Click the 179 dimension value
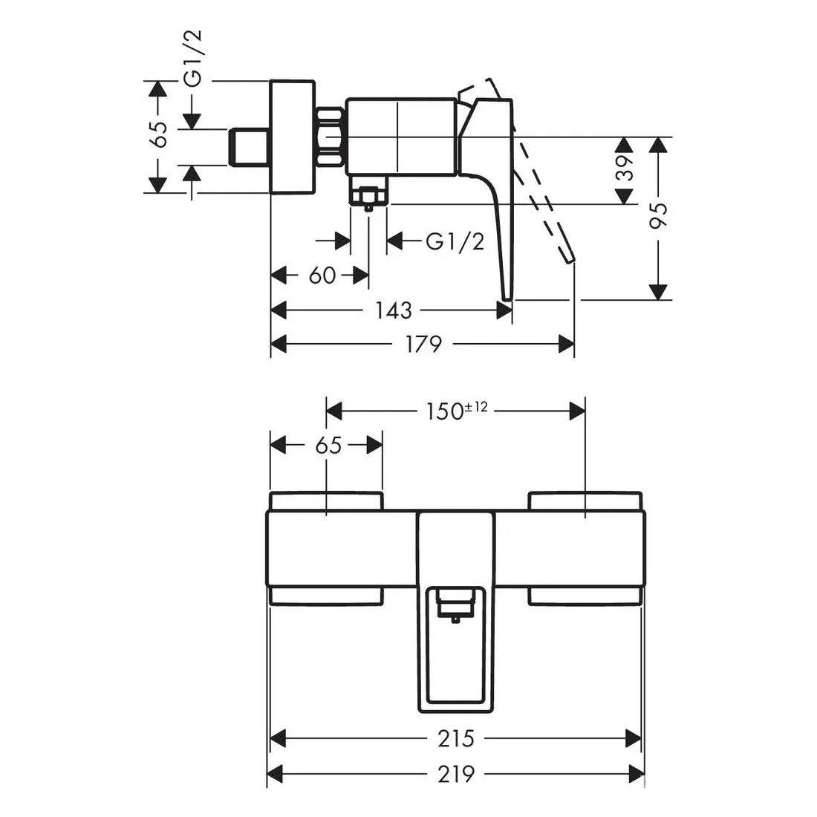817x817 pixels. [x=423, y=344]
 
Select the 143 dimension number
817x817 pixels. [x=394, y=310]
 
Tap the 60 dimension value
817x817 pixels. [x=322, y=275]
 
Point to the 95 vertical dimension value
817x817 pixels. [x=659, y=215]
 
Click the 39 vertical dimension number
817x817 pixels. [x=625, y=168]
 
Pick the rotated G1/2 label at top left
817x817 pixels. [x=192, y=59]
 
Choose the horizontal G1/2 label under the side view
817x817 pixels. [x=455, y=241]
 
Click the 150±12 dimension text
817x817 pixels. [x=457, y=411]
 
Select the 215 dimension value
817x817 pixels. [x=456, y=738]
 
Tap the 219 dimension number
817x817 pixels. [x=456, y=774]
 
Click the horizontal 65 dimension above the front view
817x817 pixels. [x=328, y=446]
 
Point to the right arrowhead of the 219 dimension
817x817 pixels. [x=637, y=773]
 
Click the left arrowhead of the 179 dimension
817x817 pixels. [x=279, y=344]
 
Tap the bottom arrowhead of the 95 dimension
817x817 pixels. [x=659, y=292]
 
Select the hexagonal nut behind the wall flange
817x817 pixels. [x=330, y=137]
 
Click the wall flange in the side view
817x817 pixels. [x=293, y=137]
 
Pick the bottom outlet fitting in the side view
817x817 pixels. [x=368, y=193]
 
